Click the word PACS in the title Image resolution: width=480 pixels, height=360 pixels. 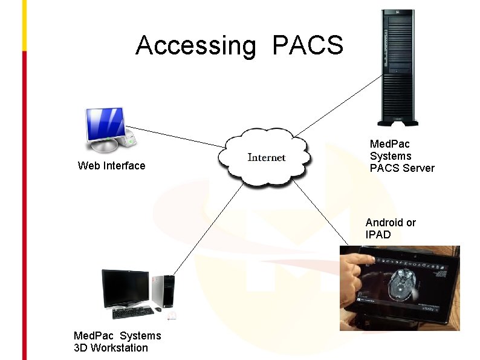pos(308,45)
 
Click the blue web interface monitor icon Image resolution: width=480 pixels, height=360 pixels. pos(106,128)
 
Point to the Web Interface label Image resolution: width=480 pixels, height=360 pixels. pos(112,166)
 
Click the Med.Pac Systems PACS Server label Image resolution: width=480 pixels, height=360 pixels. pos(401,156)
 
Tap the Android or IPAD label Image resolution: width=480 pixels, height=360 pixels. pos(391,229)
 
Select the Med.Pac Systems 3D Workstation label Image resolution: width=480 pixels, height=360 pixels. pos(117,341)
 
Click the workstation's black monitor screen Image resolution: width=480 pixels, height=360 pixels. pos(125,288)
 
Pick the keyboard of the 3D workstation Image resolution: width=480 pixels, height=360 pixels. pos(133,312)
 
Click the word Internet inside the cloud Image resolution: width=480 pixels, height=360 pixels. pos(267,158)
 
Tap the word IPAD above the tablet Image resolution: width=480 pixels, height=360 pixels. pos(378,235)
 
